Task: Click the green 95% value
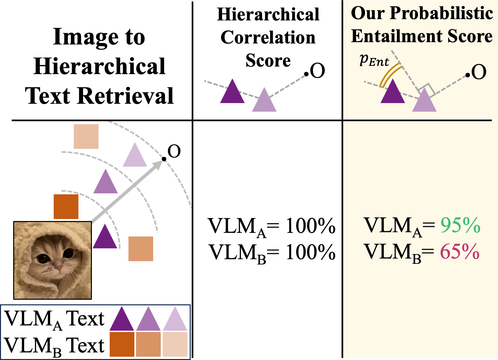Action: pos(460,226)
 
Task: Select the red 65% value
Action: pos(459,253)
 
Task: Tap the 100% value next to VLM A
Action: pos(310,227)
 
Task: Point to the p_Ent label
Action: pos(374,60)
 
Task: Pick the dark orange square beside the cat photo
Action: pos(66,207)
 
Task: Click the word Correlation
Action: pos(268,37)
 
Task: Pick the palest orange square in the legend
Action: pos(175,344)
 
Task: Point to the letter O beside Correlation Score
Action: pos(318,71)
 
